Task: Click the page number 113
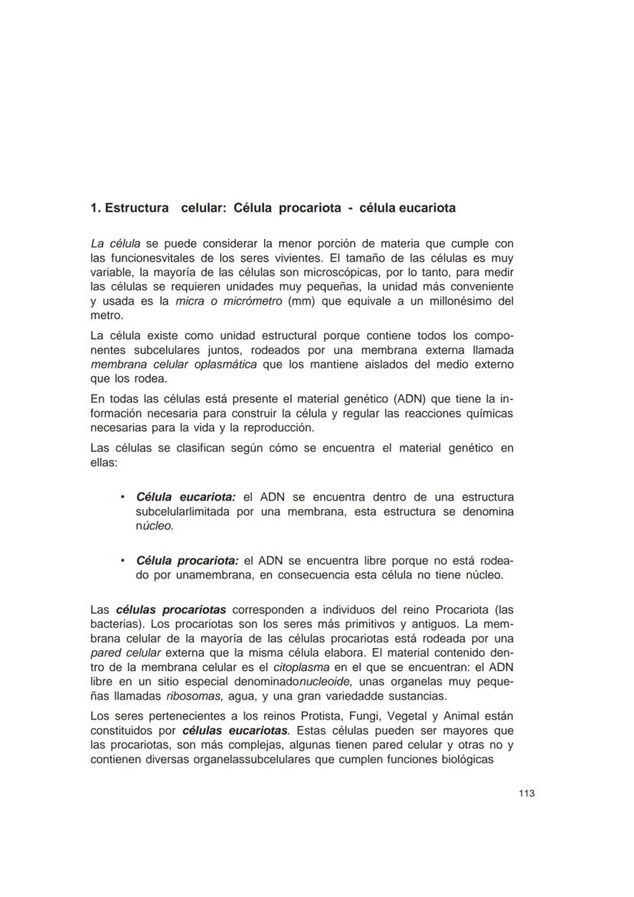525,793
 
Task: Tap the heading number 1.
94,208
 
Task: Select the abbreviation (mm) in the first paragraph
298,301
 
